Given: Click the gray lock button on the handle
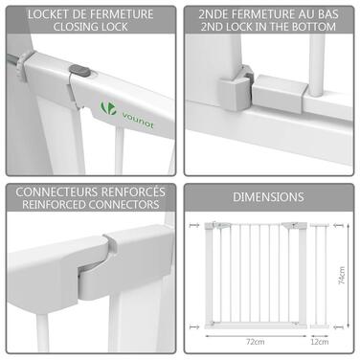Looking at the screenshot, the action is tap(79, 70).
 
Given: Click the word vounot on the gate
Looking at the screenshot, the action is tap(137, 120).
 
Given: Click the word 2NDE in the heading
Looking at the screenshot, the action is tap(212, 14).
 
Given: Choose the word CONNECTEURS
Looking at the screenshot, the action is tap(56, 192).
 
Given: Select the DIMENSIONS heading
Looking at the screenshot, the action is tap(268, 197).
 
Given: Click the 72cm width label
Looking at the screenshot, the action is tap(256, 342).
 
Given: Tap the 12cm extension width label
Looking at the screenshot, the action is tap(320, 342).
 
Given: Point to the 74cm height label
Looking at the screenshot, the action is tap(341, 276).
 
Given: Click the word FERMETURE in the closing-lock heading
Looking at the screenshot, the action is tap(122, 14).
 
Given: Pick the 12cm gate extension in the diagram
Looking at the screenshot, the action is tap(320, 276).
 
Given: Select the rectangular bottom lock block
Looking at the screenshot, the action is tap(279, 94).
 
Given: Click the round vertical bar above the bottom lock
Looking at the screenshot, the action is tap(317, 65).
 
